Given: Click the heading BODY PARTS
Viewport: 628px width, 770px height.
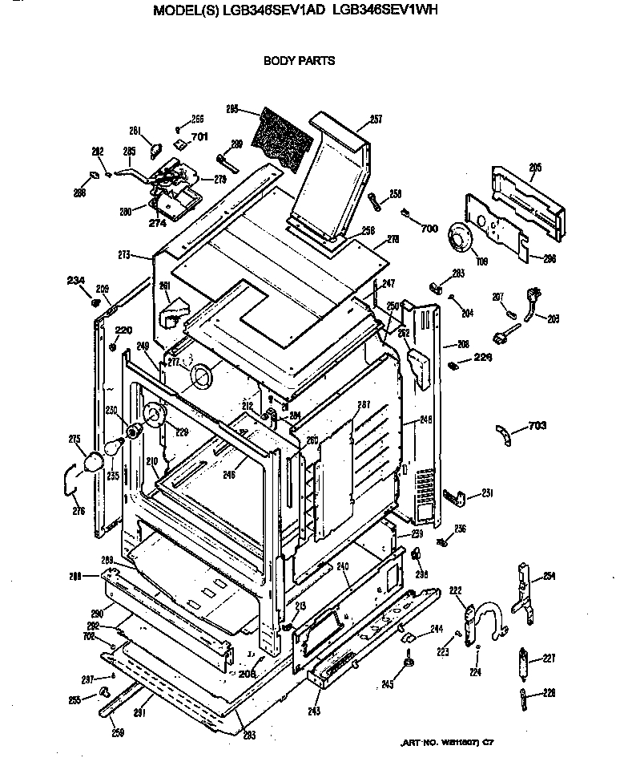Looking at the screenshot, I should point(299,60).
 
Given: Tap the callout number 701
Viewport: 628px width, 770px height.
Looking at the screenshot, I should point(199,136).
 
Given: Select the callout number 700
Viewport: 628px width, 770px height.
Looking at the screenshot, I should point(429,229).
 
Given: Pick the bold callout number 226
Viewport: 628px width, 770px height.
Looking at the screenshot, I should point(483,357).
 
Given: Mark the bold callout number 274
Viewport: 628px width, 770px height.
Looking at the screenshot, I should point(157,224).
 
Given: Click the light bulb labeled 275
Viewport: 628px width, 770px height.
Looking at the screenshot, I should point(93,462).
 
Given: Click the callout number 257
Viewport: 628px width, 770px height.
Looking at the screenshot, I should point(376,120).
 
